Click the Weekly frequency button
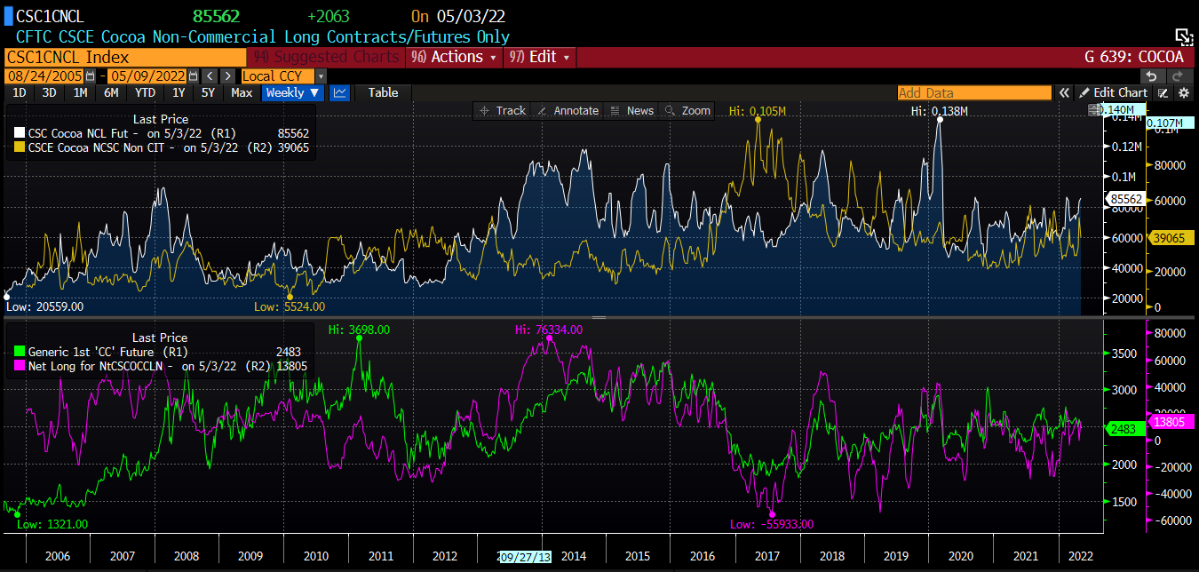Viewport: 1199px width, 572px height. coord(292,92)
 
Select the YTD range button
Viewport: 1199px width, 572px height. coord(145,92)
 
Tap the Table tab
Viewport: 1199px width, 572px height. coord(383,92)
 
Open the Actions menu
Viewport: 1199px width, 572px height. coord(455,57)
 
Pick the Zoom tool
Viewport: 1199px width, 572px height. coord(689,111)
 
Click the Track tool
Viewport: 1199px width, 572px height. coord(503,111)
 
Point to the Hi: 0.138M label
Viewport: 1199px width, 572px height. coord(939,111)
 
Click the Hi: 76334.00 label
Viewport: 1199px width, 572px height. coord(549,330)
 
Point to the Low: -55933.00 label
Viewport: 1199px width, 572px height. coord(772,524)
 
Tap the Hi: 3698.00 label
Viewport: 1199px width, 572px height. coord(359,330)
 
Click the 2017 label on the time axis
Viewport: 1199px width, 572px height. coord(767,556)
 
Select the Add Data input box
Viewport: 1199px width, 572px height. coord(973,92)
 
